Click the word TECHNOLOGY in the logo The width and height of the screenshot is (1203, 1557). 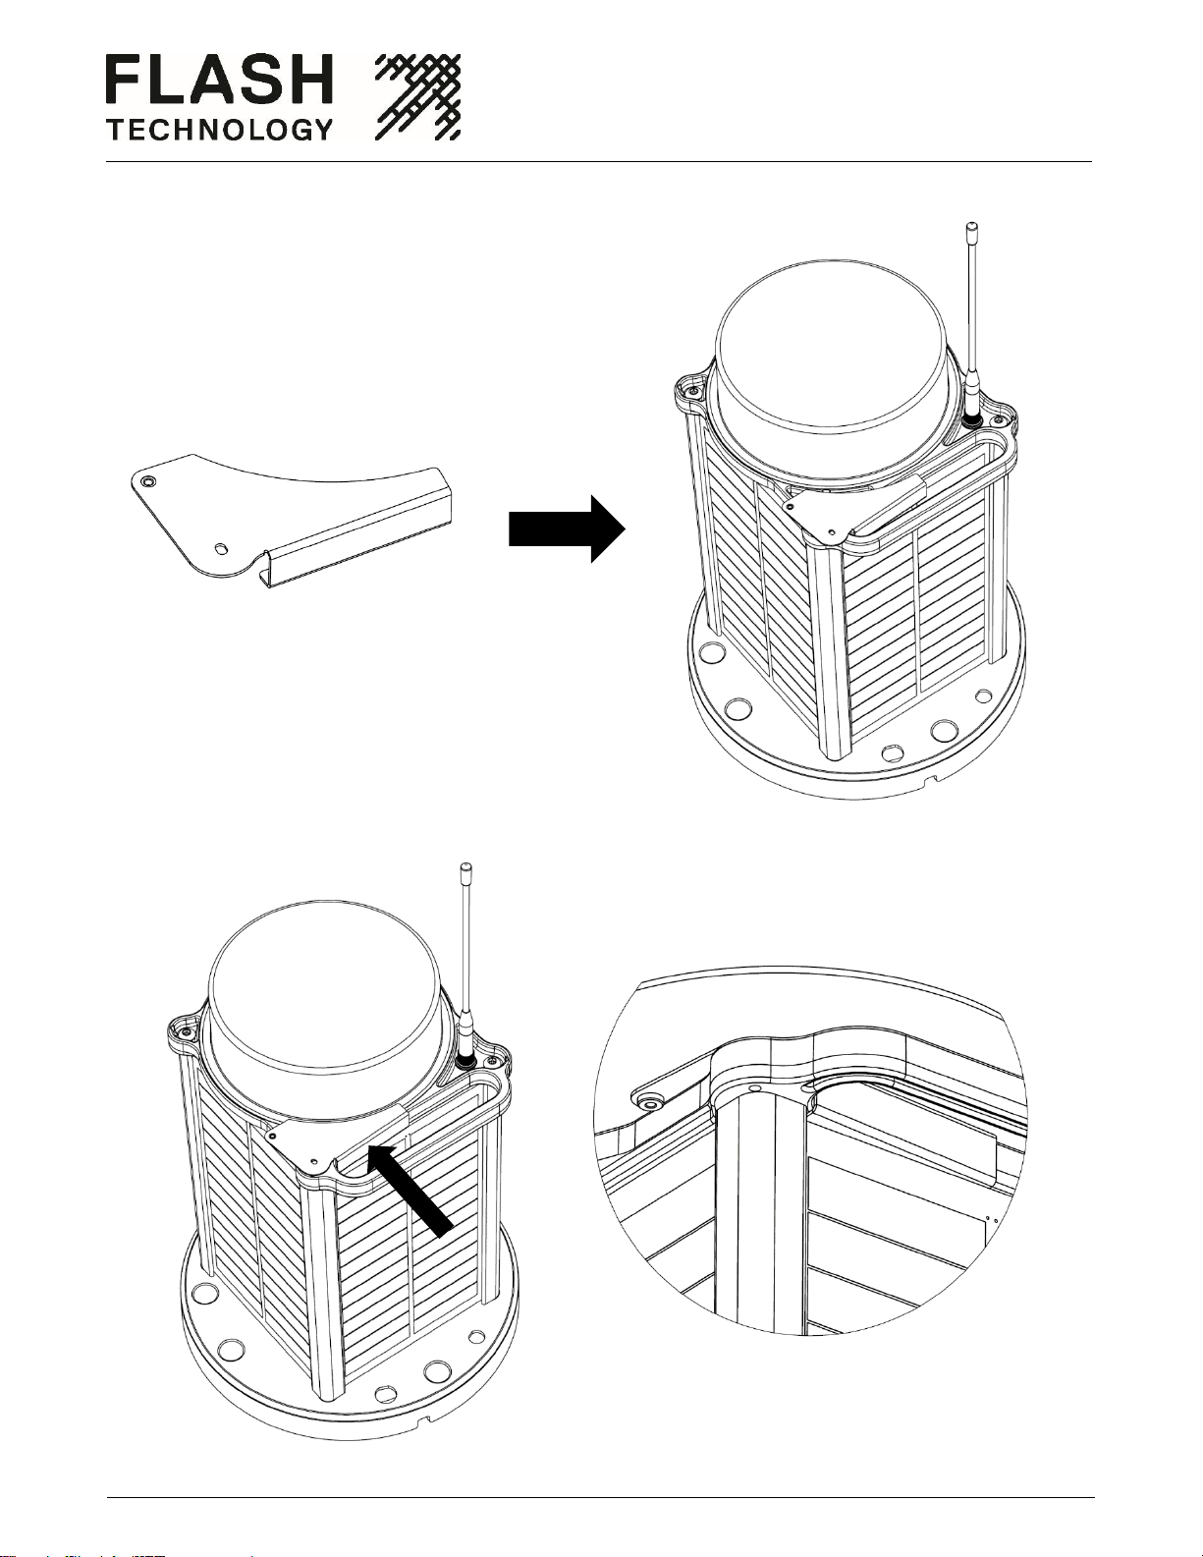pyautogui.click(x=218, y=129)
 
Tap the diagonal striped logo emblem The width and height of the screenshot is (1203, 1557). pyautogui.click(x=418, y=97)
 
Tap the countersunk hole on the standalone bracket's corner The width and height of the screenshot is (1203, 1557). pyautogui.click(x=147, y=481)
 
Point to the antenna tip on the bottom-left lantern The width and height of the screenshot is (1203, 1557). pyautogui.click(x=465, y=869)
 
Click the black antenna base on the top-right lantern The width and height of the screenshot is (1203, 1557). pyautogui.click(x=972, y=419)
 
